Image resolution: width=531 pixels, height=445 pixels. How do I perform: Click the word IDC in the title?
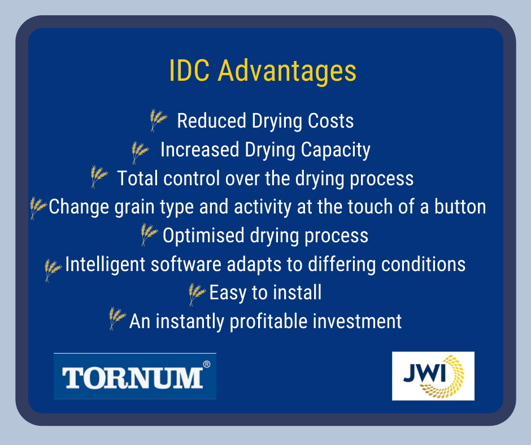coord(189,71)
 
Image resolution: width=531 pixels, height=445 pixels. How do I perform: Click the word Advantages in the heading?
coord(287,72)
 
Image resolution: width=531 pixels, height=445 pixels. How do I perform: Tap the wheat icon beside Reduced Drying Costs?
coord(158,120)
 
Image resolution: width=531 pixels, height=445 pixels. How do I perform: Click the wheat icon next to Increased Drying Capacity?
coord(140,152)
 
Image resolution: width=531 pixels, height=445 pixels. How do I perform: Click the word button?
coord(460,207)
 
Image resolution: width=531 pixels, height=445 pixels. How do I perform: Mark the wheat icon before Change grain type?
coord(38,208)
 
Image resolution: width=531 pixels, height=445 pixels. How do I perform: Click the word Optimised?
coord(203,236)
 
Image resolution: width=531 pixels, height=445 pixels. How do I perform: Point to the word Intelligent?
coord(105,264)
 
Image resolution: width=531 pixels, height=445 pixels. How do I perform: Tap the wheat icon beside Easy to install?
coord(197,294)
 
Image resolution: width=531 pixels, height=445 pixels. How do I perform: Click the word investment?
coord(357,321)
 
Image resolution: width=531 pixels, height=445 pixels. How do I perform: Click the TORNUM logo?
coord(135,376)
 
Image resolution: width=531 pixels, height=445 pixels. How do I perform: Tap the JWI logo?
coord(433,376)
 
